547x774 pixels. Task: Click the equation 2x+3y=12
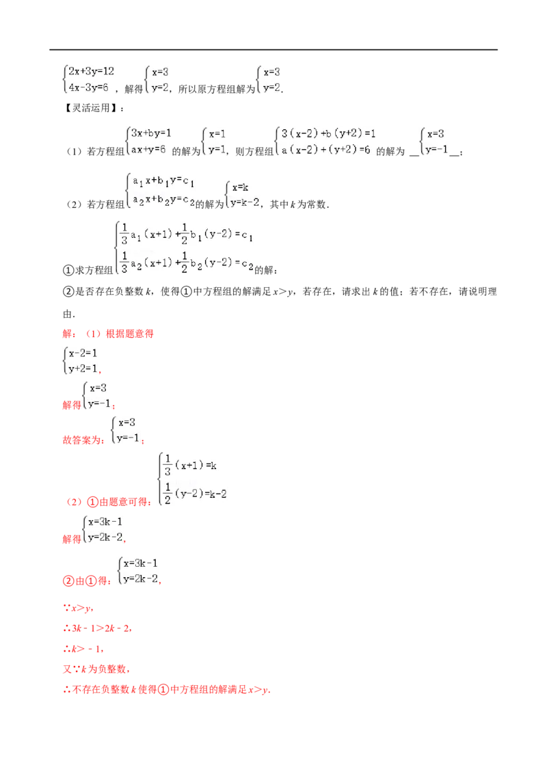[92, 71]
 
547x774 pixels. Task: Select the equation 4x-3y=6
[88, 88]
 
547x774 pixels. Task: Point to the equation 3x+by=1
[151, 133]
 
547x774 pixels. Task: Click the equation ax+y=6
[148, 149]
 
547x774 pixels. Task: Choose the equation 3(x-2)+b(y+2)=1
[329, 133]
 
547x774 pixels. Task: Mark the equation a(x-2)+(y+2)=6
[326, 150]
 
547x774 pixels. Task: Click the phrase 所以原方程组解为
[217, 89]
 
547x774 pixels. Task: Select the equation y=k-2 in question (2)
[245, 203]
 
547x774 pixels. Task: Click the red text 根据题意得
[129, 334]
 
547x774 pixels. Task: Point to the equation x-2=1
[83, 353]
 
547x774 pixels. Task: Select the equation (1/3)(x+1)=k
[190, 465]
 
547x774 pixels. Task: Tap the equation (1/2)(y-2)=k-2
[195, 494]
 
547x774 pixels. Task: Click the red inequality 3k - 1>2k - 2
[101, 628]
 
